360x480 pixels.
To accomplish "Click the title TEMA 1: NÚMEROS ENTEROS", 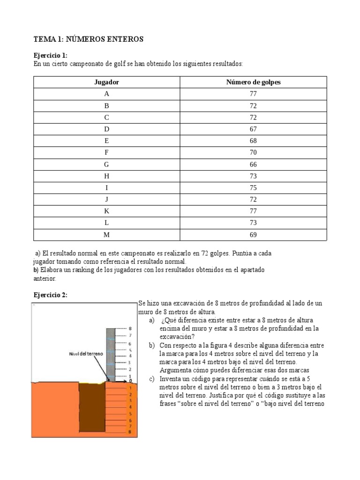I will click(x=88, y=39).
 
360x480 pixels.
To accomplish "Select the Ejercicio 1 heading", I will click(x=50, y=55).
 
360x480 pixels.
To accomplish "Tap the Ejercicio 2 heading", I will click(x=50, y=295).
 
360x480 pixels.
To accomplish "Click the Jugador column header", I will click(x=106, y=82).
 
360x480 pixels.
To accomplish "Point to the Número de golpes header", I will click(x=253, y=82).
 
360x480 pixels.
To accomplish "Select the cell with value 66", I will click(x=253, y=165).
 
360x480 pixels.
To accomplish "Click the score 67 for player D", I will click(x=253, y=129).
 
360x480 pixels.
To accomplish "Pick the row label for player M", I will click(x=106, y=235).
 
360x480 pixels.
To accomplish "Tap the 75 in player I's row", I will click(x=253, y=188).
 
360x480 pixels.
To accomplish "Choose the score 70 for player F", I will click(x=253, y=153).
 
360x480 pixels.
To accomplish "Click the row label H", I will click(x=106, y=176).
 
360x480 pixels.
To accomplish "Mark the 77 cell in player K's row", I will click(x=253, y=211).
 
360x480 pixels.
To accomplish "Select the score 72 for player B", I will click(x=253, y=105).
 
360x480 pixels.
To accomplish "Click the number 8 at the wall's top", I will click(x=130, y=329).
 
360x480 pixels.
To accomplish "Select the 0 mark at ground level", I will click(x=130, y=381).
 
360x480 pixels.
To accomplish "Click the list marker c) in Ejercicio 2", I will click(x=151, y=379).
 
